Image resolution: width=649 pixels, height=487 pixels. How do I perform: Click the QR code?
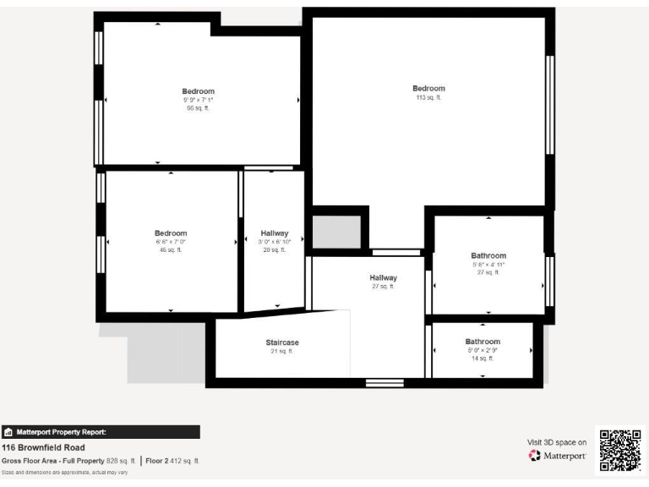pos(620,450)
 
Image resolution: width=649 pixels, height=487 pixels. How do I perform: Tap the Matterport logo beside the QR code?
pos(558,456)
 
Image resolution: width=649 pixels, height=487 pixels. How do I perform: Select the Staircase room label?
pos(282,342)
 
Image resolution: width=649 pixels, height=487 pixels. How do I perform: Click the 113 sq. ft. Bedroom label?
pos(428,89)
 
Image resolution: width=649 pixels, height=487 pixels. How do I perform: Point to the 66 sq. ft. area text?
pos(199,108)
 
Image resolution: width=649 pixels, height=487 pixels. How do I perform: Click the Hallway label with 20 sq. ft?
pos(274,233)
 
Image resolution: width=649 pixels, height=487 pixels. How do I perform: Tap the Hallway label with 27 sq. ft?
pos(383,277)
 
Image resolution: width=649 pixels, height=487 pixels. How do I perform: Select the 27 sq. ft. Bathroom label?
pos(488,256)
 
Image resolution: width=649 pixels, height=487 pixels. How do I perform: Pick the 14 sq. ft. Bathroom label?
pos(483,342)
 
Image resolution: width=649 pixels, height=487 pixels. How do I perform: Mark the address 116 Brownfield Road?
pos(43,447)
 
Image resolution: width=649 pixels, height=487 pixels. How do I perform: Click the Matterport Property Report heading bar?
pos(101,431)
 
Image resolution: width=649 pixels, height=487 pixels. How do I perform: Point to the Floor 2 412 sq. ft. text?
pos(172,461)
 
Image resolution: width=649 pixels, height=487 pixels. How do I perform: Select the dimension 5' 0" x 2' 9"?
pos(483,350)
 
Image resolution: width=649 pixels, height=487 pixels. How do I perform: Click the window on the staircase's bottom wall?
pos(384,383)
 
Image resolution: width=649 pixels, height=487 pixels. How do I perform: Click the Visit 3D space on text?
pos(557,441)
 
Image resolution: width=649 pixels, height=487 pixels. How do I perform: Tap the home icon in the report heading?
pos(8,432)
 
